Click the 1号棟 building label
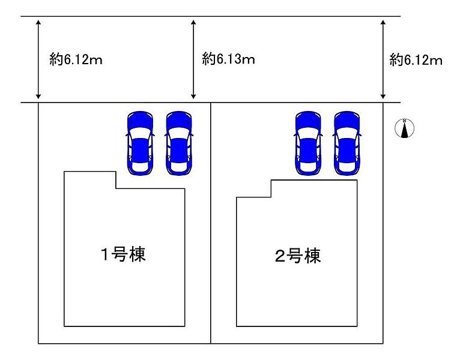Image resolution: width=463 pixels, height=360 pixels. tap(123, 254)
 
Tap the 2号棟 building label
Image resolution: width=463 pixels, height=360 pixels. tap(298, 256)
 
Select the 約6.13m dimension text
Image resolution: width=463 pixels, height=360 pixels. tap(228, 59)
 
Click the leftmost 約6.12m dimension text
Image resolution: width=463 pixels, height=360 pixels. tap(76, 59)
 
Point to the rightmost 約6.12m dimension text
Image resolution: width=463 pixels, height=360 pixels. tap(416, 60)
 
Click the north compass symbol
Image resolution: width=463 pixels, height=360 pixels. tap(405, 128)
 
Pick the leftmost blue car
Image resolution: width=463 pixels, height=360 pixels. tap(141, 143)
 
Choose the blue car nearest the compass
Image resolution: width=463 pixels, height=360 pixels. tap(347, 143)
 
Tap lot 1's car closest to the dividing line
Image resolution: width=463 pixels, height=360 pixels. tap(179, 143)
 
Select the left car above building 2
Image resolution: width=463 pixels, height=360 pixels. tap(308, 143)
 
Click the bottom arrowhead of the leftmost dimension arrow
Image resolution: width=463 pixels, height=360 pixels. tap(38, 96)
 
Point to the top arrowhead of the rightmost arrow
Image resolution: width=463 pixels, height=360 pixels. tap(383, 23)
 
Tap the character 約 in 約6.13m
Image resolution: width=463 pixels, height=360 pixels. tap(209, 59)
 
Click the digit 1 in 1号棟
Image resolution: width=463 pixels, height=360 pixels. tap(105, 254)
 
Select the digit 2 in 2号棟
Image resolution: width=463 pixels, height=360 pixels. tap(280, 256)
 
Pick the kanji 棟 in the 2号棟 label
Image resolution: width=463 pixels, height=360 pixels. tap(313, 256)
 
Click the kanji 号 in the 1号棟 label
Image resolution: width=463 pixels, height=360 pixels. tap(120, 254)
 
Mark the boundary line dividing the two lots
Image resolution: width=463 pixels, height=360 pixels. tap(211, 223)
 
